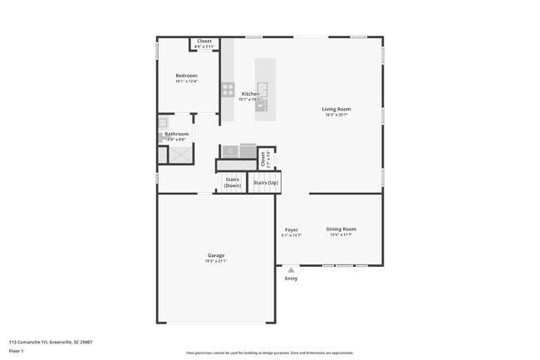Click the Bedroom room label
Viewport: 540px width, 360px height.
click(x=185, y=76)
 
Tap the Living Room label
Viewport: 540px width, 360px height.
click(x=336, y=109)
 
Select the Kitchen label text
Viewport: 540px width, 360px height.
click(x=250, y=94)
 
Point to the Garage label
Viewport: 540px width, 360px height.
click(x=216, y=255)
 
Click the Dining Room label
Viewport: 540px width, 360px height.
click(x=341, y=229)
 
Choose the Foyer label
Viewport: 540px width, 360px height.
click(x=291, y=229)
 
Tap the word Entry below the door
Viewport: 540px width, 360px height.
click(x=291, y=278)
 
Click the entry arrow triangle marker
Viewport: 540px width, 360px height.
click(x=291, y=269)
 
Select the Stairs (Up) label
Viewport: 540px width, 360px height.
click(x=266, y=182)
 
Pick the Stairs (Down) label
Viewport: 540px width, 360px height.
click(x=232, y=182)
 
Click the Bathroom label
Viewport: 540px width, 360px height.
click(x=176, y=134)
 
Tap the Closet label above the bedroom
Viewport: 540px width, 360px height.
click(x=204, y=41)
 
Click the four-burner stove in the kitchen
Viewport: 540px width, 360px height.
click(x=228, y=90)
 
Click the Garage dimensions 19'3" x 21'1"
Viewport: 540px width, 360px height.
click(x=216, y=261)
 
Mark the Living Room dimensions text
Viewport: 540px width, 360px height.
click(x=336, y=115)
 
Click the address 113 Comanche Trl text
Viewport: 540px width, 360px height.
click(x=51, y=342)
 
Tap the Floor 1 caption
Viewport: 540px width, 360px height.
click(x=17, y=351)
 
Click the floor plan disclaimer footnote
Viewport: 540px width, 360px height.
click(x=269, y=352)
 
